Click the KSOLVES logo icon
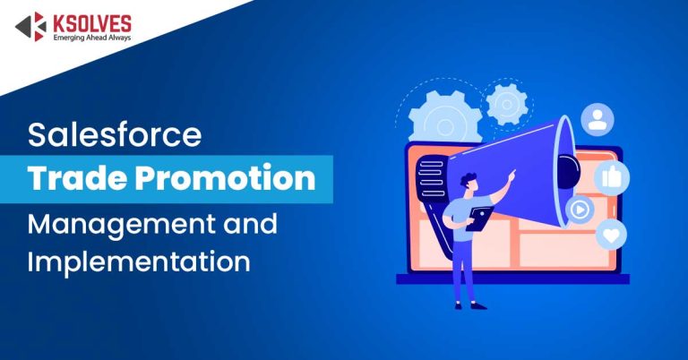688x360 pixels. tap(30, 28)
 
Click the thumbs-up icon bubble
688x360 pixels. tap(612, 177)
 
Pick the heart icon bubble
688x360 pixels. tap(611, 235)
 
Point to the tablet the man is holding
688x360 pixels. tap(481, 215)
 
